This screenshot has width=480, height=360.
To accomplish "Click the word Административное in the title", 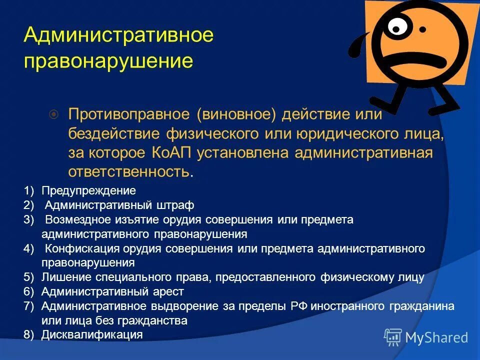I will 118,35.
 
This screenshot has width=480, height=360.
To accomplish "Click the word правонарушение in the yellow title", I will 108,61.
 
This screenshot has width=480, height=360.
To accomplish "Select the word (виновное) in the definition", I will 236,115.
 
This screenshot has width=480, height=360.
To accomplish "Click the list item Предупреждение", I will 88,190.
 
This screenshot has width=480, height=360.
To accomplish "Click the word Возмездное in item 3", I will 75,219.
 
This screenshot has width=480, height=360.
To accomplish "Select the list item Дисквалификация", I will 92,334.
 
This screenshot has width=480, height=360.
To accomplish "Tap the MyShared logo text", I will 436,337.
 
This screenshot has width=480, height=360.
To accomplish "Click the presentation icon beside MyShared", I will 393,337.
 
